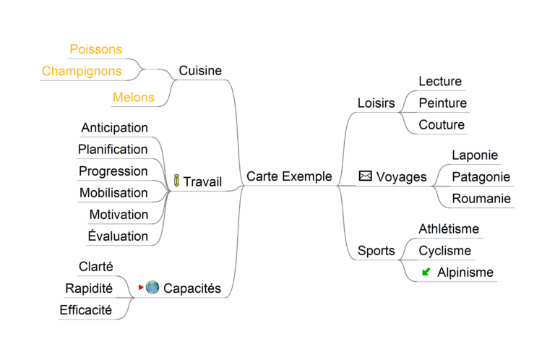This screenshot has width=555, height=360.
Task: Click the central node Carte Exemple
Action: pos(289,176)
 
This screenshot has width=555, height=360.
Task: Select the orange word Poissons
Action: pos(95,49)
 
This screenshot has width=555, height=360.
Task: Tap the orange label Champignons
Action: pos(82,71)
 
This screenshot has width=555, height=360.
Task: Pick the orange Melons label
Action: pos(133,97)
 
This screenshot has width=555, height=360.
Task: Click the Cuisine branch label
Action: pos(200,71)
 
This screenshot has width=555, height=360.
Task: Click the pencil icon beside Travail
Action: pos(176,181)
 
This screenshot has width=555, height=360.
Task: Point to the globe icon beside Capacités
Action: pos(152,288)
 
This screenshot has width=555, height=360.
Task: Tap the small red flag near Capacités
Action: pos(140,288)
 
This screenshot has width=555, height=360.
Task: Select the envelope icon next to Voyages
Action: pos(366,176)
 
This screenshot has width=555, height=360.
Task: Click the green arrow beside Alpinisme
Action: pos(426,272)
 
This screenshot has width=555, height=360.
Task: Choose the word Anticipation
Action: pos(114,128)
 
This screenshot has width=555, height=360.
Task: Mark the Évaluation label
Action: pos(118,236)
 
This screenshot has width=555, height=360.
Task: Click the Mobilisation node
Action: pos(113,193)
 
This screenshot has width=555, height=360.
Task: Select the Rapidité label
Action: pos(89,288)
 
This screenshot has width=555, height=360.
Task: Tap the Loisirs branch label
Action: pos(376,103)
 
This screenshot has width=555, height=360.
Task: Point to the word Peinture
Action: pos(442,103)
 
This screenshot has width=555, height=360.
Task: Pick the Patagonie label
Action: pos(481,177)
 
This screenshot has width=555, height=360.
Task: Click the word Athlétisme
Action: pos(449,229)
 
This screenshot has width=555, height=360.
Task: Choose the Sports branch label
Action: pos(376,251)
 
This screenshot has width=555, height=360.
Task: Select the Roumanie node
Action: pos(481,199)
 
